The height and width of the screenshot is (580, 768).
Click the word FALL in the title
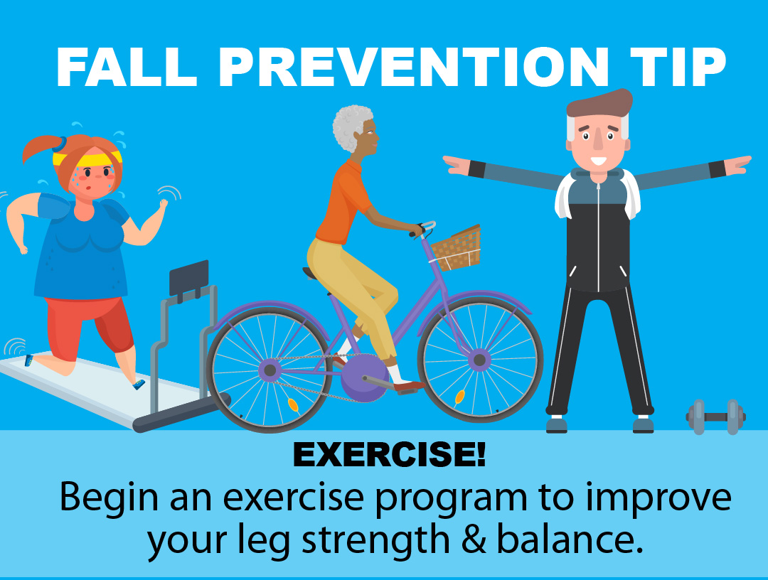[127, 67]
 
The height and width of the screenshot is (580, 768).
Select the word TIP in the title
[678, 67]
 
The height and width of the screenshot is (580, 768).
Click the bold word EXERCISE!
[390, 454]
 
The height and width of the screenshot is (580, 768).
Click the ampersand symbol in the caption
[473, 539]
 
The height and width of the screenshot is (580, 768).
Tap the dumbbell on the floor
[715, 417]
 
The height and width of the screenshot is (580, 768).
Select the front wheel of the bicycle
[480, 360]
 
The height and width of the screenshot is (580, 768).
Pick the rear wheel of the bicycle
[269, 370]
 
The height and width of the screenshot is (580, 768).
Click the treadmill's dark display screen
[189, 278]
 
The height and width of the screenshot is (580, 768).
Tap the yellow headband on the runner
[87, 158]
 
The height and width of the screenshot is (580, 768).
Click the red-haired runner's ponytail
[41, 149]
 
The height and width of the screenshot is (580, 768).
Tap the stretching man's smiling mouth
[598, 161]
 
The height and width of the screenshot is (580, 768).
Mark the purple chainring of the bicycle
[364, 378]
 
